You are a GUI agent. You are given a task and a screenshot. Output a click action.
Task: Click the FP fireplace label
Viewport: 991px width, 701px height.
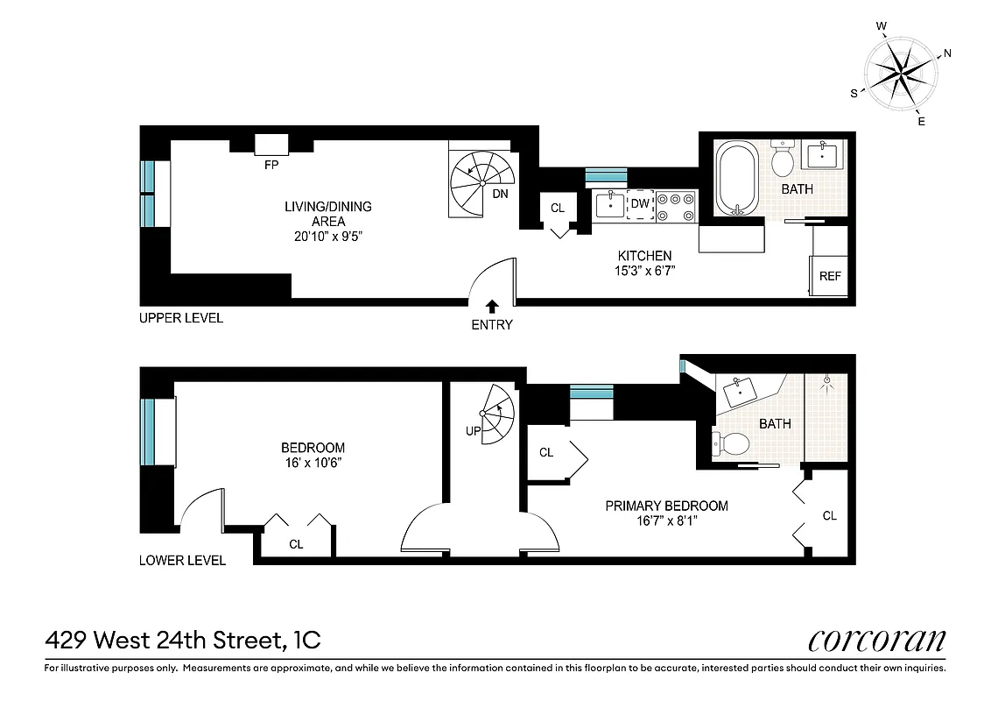272,164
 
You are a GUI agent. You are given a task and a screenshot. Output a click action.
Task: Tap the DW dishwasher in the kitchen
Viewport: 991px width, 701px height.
640,204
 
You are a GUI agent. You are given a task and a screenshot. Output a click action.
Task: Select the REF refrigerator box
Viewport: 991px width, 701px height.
829,276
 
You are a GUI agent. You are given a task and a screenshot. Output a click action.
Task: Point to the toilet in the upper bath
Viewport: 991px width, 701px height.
783,159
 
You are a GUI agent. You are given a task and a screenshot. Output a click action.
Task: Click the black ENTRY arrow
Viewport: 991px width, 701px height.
492,306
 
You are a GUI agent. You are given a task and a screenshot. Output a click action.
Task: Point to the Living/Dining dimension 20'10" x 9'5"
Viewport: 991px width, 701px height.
328,237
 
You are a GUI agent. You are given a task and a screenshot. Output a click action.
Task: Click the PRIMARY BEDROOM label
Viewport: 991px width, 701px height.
667,506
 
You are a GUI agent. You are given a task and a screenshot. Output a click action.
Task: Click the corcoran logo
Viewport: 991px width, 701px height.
876,641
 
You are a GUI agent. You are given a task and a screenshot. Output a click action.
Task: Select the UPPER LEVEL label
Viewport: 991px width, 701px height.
181,318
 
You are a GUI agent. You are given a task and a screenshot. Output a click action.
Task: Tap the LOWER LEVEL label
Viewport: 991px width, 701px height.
182,560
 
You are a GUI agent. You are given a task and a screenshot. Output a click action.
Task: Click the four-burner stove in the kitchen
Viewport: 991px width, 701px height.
677,205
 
